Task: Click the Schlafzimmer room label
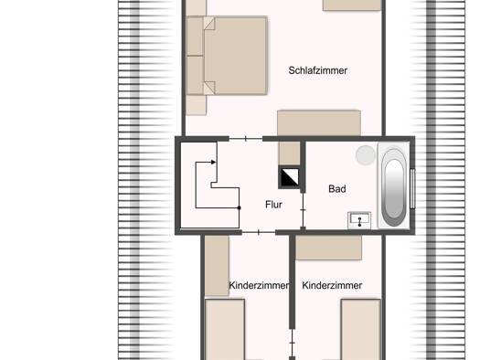click(318, 70)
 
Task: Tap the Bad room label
click(337, 189)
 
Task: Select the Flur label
click(273, 205)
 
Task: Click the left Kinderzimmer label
click(259, 285)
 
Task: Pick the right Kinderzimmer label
click(332, 285)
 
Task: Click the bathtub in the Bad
click(394, 186)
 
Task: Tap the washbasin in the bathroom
click(359, 220)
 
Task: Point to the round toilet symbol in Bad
click(366, 155)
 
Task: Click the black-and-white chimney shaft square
click(290, 176)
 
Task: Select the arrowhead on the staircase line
click(214, 162)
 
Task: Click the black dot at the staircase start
click(239, 208)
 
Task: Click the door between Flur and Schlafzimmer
click(246, 139)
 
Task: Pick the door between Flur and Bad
click(303, 210)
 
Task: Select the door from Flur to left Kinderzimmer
click(259, 232)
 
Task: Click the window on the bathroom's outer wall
click(412, 188)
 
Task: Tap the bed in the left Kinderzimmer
click(225, 330)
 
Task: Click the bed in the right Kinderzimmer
click(361, 330)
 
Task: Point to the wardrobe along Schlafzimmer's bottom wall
click(319, 123)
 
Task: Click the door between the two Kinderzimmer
click(293, 343)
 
